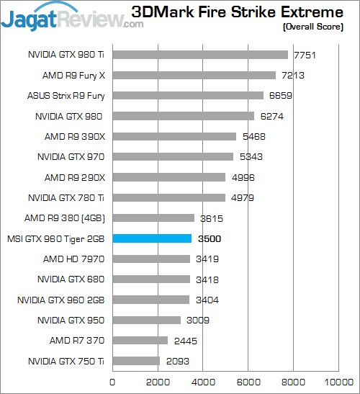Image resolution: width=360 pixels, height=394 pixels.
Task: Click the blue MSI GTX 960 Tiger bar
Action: coord(152,238)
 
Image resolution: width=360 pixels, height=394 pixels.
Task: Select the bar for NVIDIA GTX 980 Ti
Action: coord(200,54)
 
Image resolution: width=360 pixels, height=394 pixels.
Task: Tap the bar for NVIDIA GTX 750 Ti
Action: coord(136,361)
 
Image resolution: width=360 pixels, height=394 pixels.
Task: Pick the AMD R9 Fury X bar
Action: coord(194,75)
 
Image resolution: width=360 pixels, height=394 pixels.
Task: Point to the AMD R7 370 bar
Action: coord(140,341)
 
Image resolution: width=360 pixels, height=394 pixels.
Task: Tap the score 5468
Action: coord(254,136)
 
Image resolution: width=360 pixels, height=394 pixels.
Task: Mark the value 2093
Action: coord(177,361)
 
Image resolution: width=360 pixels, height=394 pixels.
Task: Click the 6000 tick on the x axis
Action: coord(248,382)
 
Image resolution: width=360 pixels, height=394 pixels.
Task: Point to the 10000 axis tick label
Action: coord(338,382)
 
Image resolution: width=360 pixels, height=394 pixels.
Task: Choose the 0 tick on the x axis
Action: coord(112,382)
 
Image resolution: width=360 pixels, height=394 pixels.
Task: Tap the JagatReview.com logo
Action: coord(72,16)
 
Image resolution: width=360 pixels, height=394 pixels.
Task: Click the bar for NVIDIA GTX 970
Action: coord(173,156)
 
